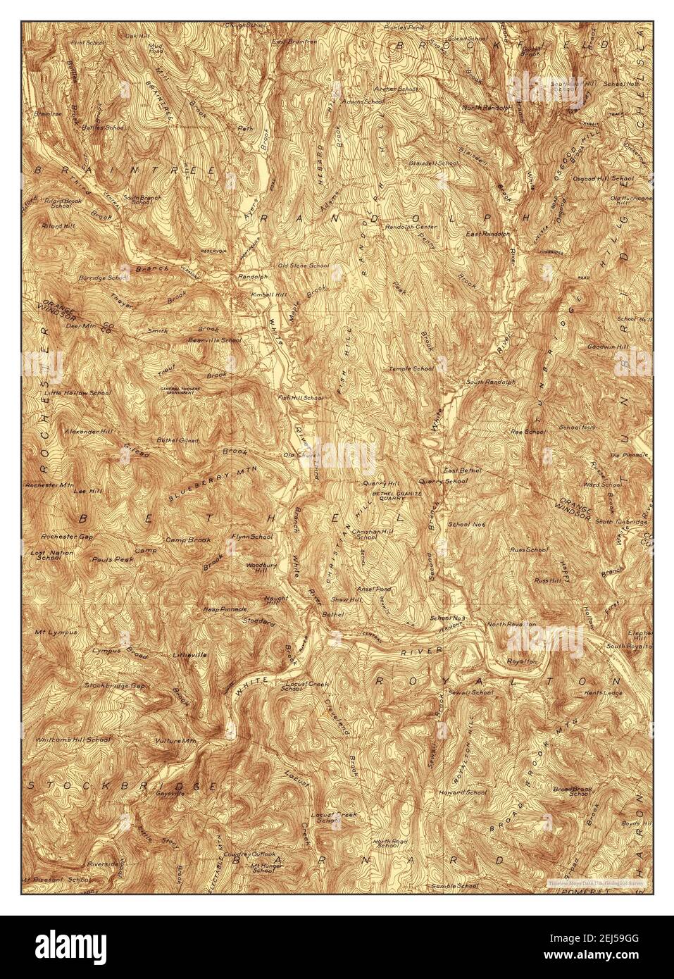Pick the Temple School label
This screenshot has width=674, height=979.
(x=413, y=368)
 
